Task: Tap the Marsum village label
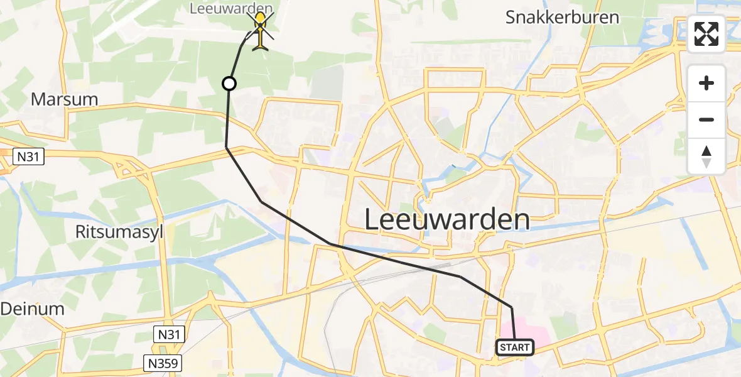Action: coord(65,99)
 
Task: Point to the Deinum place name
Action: coord(32,309)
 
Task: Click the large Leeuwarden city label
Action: coord(447,220)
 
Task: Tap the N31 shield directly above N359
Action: coord(170,335)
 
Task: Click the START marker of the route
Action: coord(515,347)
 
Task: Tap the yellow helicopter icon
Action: coord(260,31)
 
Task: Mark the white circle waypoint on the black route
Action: coord(229,84)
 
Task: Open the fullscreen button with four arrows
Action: coord(706,34)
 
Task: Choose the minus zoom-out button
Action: coord(706,119)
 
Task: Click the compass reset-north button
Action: coord(706,156)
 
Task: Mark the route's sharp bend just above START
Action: coord(512,307)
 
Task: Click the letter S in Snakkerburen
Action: coord(512,18)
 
